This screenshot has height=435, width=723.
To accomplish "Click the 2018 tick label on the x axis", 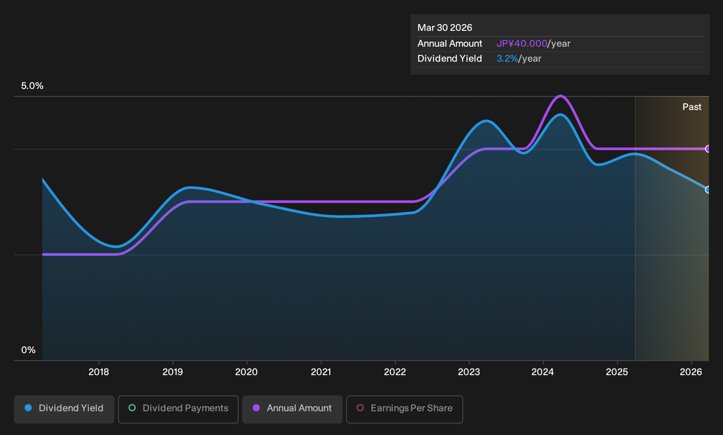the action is point(99,372).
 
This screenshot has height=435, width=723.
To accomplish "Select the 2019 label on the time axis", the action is point(173,372).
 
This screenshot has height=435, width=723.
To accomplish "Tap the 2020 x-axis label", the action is point(247,372).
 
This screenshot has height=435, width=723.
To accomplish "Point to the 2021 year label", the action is point(321,372).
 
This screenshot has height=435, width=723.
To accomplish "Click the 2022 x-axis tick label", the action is point(395,372).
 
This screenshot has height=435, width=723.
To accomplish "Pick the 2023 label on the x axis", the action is point(469,372).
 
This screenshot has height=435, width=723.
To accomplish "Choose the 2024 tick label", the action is point(543,372).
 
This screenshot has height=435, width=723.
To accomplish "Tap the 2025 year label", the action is point(617,372).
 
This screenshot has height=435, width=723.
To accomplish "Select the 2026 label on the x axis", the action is point(691,372).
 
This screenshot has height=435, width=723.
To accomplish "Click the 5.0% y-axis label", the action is point(32,86).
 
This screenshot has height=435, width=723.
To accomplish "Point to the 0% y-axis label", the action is point(29,350).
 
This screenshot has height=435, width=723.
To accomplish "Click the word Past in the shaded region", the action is point(692,107).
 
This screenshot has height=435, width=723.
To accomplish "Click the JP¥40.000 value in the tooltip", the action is point(522,44).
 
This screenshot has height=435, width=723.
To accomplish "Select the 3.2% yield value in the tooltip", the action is point(507,59).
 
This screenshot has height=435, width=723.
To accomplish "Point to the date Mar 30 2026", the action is point(445,28).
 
